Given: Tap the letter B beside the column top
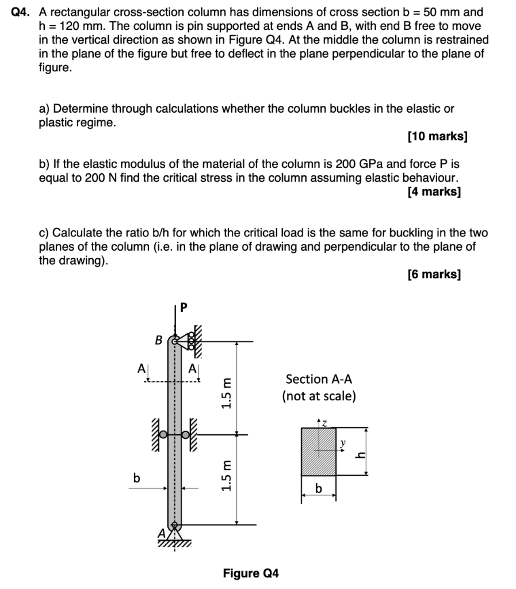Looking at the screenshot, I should [158, 341].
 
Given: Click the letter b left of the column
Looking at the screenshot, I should [136, 477].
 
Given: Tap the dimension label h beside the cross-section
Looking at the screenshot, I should [360, 454].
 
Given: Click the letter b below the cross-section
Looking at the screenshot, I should [319, 489].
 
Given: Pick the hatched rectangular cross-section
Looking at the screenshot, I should [319, 452].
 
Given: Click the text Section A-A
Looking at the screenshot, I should [319, 379].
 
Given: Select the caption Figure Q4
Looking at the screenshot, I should [251, 573].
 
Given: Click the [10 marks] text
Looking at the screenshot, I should [437, 137].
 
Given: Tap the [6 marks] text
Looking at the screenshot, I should [433, 274].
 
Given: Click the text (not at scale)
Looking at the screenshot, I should [319, 396].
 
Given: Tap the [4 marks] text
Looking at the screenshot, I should [433, 192].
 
